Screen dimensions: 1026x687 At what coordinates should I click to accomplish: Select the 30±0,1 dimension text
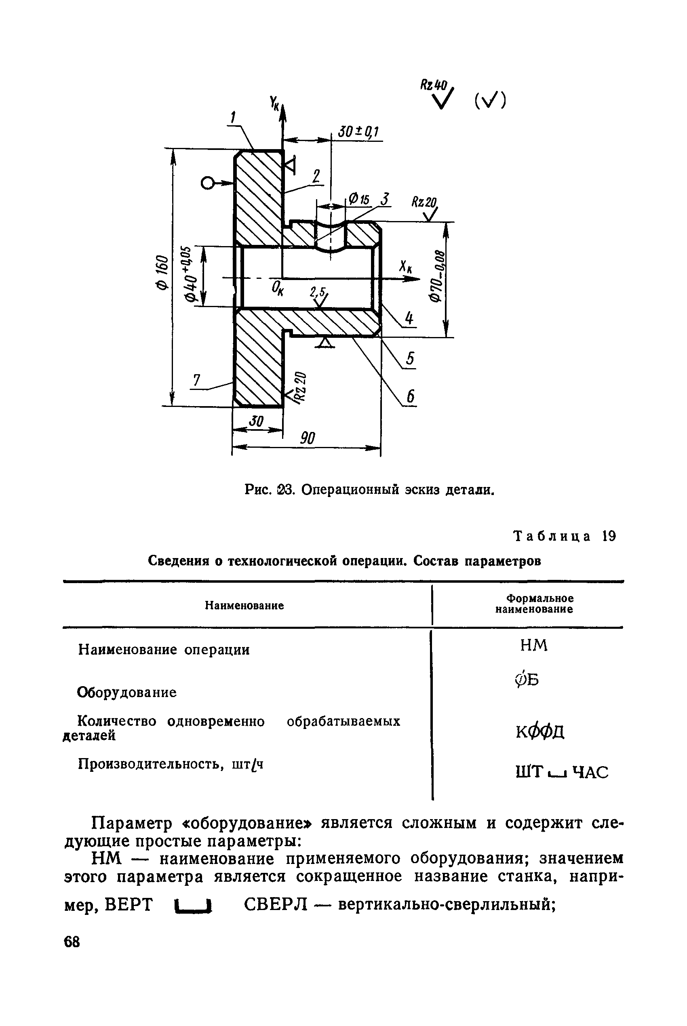pos(358,131)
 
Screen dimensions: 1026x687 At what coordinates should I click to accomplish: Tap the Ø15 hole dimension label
pos(359,199)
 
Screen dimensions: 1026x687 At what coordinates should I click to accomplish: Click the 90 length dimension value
pos(307,438)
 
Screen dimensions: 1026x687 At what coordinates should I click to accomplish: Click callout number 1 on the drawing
pos(234,118)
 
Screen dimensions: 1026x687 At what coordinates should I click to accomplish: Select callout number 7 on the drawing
pos(197,380)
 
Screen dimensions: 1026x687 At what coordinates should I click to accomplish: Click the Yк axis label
pos(275,104)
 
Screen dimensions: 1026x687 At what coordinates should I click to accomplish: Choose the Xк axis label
pos(405,267)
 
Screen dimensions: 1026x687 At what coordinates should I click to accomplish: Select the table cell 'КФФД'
pos(540,731)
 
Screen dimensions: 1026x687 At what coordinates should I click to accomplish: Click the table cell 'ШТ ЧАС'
pos(562,772)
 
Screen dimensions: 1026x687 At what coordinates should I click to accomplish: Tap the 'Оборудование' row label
pos(127,692)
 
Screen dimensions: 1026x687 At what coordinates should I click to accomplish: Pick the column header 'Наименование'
pos(244,605)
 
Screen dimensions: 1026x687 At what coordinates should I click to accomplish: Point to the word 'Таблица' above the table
pos(552,536)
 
